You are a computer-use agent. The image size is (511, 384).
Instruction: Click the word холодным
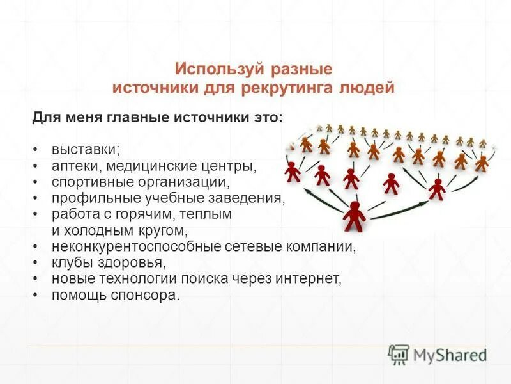95,230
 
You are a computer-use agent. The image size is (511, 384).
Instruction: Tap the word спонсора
146,295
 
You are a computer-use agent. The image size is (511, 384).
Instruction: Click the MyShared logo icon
399,355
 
